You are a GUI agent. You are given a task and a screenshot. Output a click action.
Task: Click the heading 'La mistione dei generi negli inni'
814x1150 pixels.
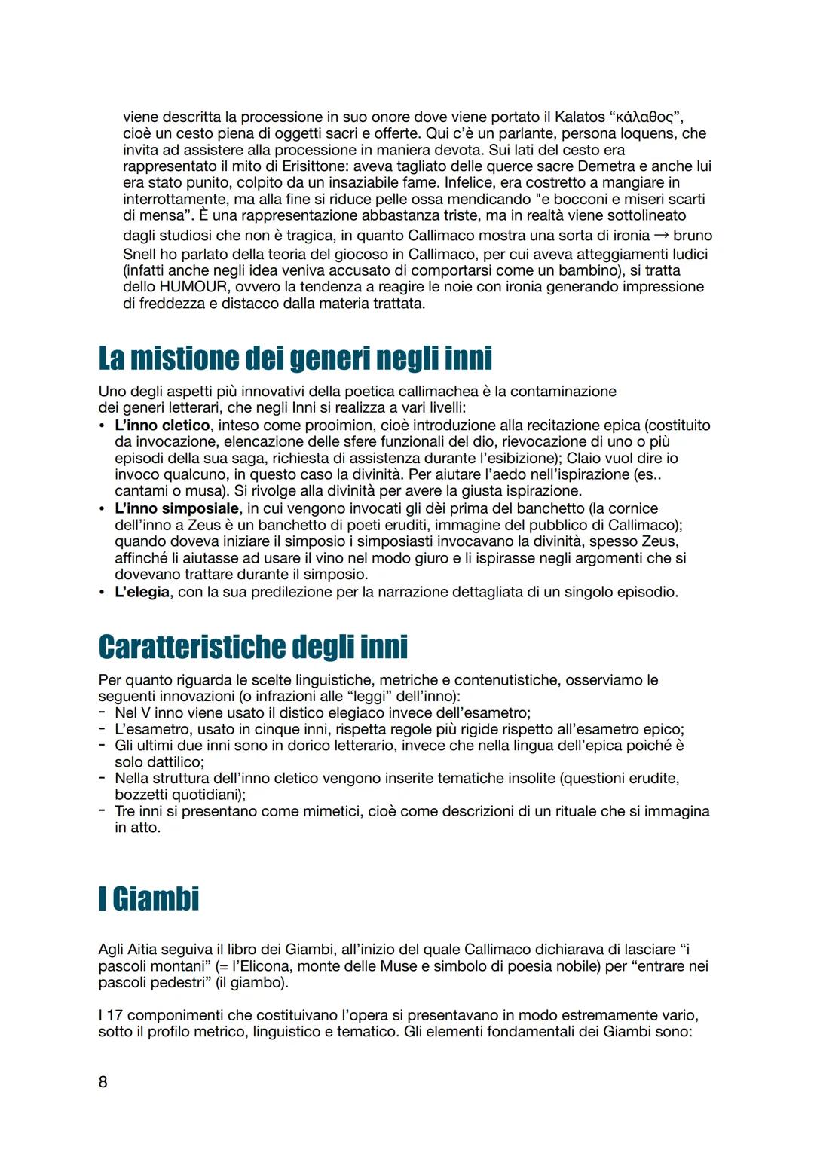point(295,358)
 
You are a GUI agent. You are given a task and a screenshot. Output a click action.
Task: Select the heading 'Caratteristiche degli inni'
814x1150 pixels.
point(252,646)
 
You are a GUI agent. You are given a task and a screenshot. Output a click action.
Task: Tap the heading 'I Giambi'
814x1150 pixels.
point(148,898)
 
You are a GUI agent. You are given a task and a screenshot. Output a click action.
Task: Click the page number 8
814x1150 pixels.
point(103,1082)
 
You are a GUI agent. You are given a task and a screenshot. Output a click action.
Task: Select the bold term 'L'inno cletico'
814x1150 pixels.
point(162,426)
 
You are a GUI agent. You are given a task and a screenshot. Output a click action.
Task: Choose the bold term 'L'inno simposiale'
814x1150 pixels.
point(176,508)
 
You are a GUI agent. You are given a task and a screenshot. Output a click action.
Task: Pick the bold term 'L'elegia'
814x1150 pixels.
point(142,592)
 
